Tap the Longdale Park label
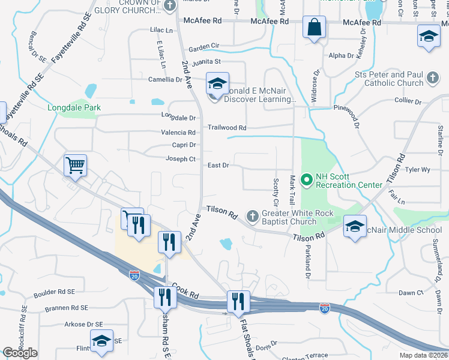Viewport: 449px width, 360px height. click(74, 108)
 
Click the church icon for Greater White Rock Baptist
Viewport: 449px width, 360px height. click(253, 215)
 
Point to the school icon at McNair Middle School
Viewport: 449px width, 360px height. click(355, 227)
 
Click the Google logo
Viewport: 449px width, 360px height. click(20, 353)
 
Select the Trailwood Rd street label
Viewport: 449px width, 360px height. click(227, 128)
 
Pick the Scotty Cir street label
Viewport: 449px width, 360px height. click(276, 190)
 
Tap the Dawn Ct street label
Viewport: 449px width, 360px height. click(411, 293)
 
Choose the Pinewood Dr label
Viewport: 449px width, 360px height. click(347, 116)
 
